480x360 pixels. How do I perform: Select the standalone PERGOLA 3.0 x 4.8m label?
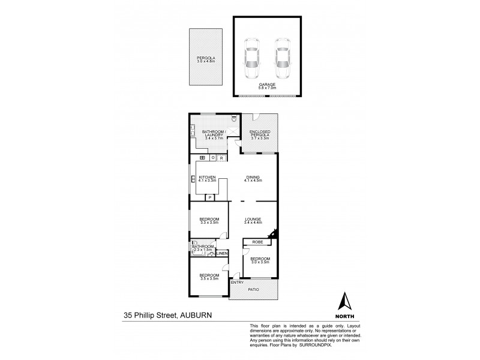(x=205, y=59)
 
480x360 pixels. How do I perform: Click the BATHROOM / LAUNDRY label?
(x=213, y=135)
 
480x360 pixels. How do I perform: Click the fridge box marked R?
(x=221, y=158)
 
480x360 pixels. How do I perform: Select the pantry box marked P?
(x=210, y=197)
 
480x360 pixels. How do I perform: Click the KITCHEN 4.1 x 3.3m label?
(x=207, y=178)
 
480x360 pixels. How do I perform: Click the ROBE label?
(x=257, y=243)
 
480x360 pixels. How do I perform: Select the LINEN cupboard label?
(x=222, y=254)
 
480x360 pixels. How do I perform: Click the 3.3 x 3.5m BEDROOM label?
(x=209, y=221)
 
